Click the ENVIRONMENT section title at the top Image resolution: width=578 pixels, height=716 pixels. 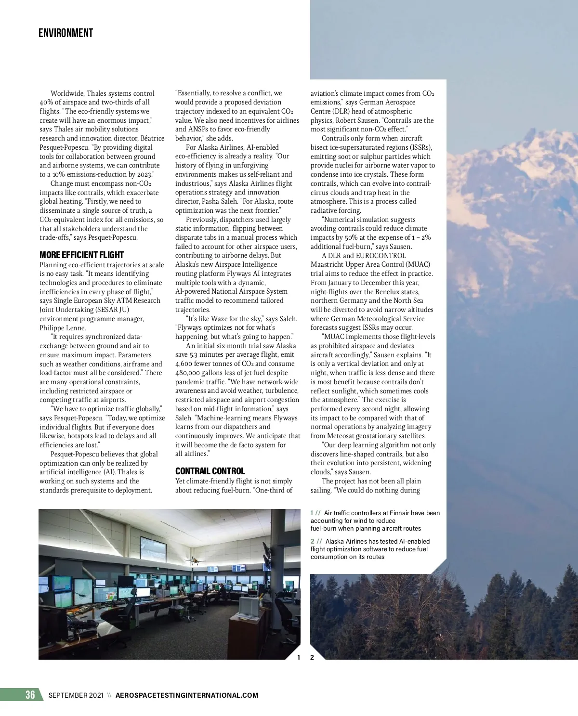click(x=66, y=33)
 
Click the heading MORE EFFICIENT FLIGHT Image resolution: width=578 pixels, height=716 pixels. click(x=81, y=255)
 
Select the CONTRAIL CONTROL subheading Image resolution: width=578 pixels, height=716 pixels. click(x=210, y=471)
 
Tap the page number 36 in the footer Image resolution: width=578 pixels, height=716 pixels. click(x=30, y=694)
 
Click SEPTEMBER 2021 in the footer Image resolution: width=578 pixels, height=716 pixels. click(x=76, y=695)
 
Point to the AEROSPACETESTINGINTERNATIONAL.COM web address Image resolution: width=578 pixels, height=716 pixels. click(x=187, y=695)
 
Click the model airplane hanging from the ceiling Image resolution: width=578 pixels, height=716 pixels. click(x=192, y=561)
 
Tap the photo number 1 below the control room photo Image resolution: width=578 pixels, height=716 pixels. click(x=299, y=657)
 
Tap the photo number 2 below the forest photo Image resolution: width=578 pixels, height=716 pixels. click(x=312, y=657)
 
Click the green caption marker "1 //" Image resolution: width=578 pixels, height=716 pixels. click(x=315, y=513)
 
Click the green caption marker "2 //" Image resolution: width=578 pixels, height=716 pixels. click(x=316, y=542)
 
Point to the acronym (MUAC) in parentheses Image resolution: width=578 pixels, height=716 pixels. click(x=418, y=264)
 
